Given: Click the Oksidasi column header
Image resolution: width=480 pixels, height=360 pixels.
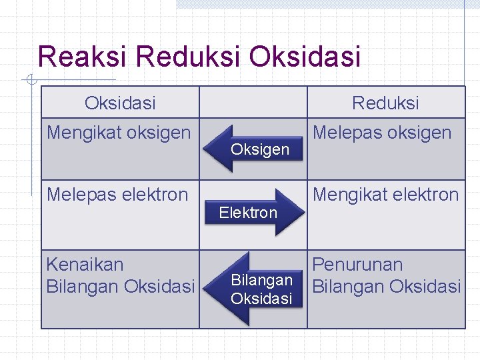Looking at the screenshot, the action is click(x=120, y=103).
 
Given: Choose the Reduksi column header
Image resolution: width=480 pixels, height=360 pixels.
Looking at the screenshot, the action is click(x=385, y=103).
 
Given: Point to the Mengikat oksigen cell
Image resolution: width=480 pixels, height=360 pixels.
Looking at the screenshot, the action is click(x=119, y=133).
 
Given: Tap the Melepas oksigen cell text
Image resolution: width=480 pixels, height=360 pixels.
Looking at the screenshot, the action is click(x=382, y=133).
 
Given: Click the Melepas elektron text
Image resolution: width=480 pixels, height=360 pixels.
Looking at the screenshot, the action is click(x=117, y=195).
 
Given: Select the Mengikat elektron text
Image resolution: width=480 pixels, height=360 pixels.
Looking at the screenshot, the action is click(x=386, y=195).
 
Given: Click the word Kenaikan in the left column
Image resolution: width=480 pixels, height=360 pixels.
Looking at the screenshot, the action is click(x=85, y=264).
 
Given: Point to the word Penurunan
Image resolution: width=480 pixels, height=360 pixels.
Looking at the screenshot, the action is click(x=357, y=264).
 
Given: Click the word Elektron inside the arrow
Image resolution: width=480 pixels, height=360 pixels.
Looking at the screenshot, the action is click(x=248, y=213).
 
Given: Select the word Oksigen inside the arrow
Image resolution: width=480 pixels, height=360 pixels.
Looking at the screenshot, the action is click(x=260, y=149).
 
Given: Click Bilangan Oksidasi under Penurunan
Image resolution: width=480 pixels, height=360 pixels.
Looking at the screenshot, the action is click(x=386, y=287).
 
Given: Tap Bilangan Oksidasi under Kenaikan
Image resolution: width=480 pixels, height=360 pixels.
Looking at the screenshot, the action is click(x=120, y=287).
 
